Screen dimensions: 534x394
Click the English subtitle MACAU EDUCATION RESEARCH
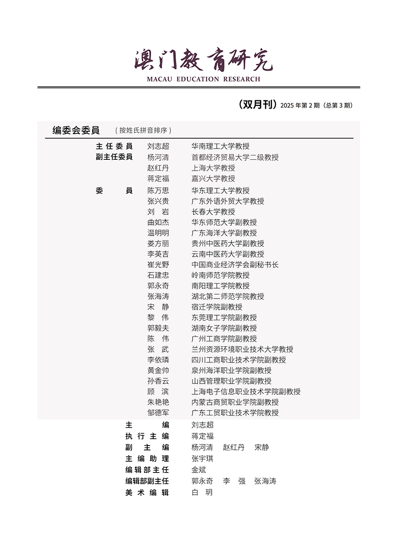click(203, 79)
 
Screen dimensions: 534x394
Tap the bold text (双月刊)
click(257, 104)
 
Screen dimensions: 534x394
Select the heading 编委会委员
click(76, 130)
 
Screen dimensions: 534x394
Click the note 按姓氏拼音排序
click(143, 131)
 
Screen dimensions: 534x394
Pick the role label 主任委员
click(114, 147)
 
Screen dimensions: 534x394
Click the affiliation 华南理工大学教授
click(220, 147)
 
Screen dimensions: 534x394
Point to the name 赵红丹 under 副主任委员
click(158, 168)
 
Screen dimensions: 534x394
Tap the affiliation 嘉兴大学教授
click(213, 178)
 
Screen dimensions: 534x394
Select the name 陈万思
click(158, 190)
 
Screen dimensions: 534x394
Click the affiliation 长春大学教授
click(213, 211)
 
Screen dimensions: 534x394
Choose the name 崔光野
click(158, 265)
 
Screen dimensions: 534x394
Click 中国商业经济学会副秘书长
click(234, 265)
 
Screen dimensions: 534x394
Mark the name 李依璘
click(158, 360)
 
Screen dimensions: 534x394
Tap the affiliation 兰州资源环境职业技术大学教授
click(242, 349)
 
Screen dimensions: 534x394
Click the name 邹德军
click(158, 413)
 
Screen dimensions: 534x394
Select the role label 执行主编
click(147, 436)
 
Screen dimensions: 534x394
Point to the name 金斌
click(198, 470)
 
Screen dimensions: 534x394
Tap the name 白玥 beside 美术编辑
click(202, 492)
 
